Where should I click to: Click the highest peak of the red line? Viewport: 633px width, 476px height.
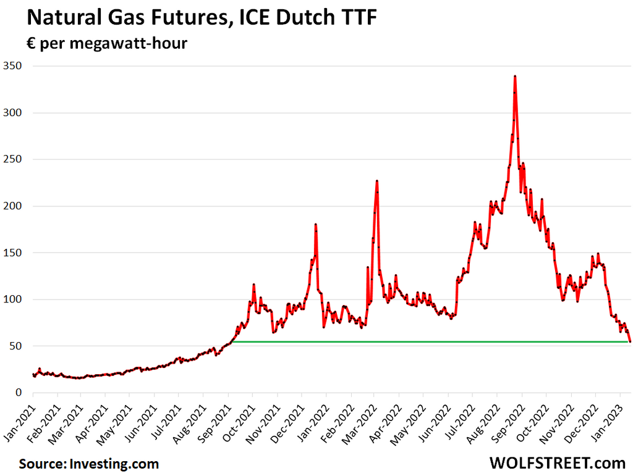coord(515,77)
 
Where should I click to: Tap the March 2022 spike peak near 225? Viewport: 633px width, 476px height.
coord(376,182)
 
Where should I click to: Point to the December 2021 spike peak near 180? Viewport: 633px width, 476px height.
coord(315,225)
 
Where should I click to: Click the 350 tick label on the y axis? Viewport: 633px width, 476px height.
coord(13,66)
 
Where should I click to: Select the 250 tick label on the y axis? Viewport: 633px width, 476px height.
coord(13,159)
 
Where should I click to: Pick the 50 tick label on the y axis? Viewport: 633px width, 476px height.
coord(15,346)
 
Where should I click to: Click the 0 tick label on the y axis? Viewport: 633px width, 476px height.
coord(19,393)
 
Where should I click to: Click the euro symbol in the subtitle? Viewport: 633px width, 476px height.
coord(30,44)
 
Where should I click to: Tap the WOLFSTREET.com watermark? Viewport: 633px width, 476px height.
coord(556,462)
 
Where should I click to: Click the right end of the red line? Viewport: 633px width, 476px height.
coord(630,341)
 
